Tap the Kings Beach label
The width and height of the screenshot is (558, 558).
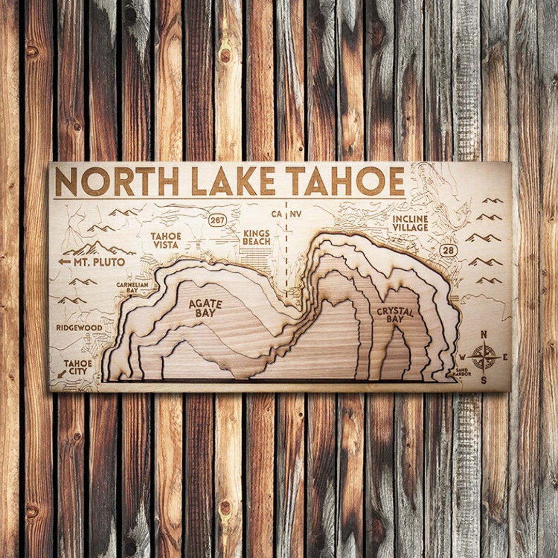tap(256, 237)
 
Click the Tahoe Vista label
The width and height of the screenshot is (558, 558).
tap(166, 240)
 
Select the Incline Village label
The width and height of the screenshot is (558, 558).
tap(410, 223)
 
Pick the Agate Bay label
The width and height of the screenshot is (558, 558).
tap(205, 308)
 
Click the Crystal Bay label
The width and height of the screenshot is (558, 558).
tap(395, 315)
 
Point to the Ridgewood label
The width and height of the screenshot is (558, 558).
tap(79, 328)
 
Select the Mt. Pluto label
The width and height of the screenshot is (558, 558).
tap(99, 262)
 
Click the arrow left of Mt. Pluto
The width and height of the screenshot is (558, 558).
tap(64, 262)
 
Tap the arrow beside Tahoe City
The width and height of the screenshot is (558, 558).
tap(61, 373)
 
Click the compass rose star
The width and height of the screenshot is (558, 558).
tap(484, 357)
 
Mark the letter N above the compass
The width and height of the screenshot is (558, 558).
tap(484, 335)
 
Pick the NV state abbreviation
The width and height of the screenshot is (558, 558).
tap(296, 214)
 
